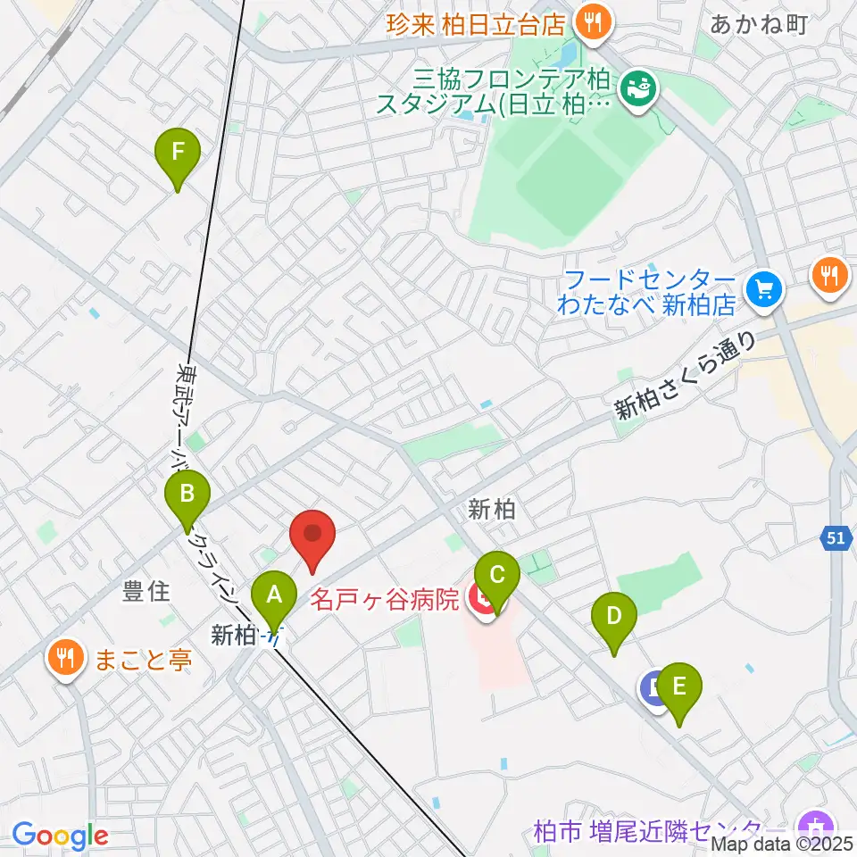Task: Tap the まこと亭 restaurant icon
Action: (65, 661)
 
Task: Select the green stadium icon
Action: (637, 88)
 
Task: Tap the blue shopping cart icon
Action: (764, 288)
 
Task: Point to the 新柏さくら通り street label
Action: (685, 377)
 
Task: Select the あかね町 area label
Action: (759, 24)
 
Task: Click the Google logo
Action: (60, 836)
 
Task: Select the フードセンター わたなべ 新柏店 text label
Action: (645, 292)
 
